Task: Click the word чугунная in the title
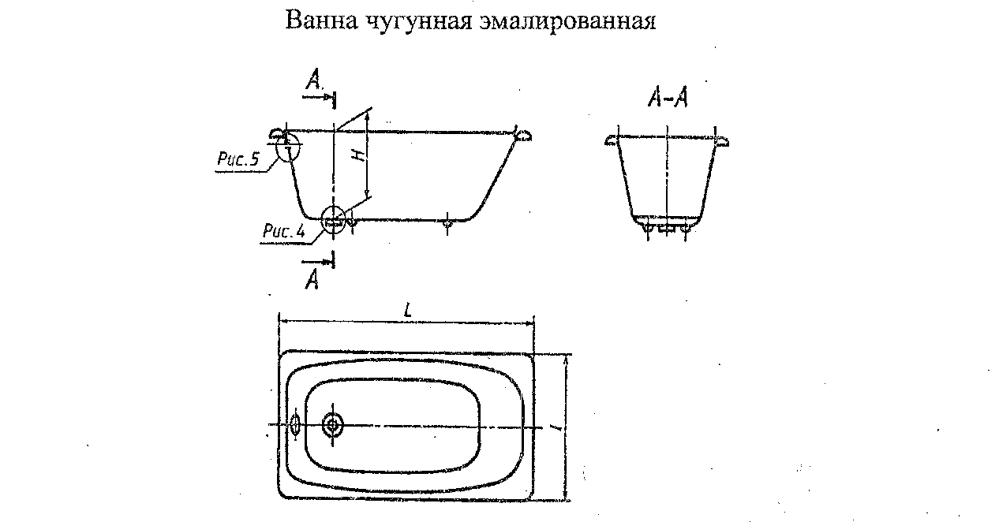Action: click(x=415, y=21)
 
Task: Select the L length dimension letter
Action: click(x=407, y=311)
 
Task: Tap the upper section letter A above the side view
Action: click(x=314, y=79)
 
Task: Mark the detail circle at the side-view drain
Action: click(x=334, y=220)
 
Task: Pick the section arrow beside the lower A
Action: click(x=318, y=259)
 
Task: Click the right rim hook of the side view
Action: click(x=522, y=135)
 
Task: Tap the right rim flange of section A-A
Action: click(x=721, y=141)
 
